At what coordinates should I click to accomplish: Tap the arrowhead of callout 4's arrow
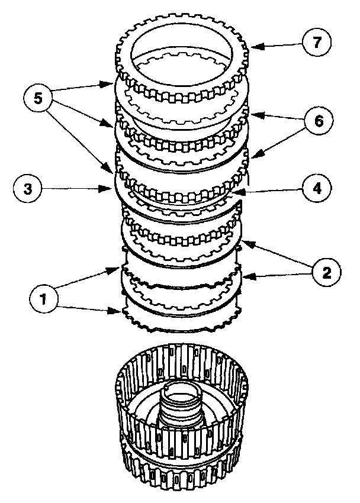click(233, 192)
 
